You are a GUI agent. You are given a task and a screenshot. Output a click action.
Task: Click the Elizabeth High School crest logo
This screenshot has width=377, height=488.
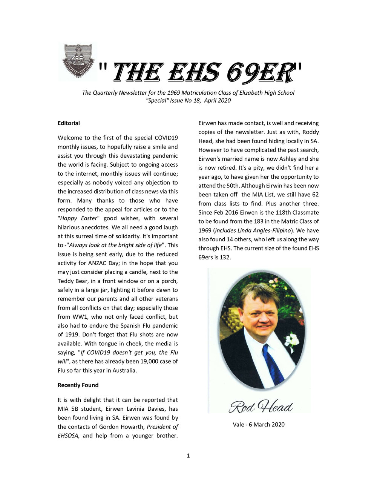tap(78, 61)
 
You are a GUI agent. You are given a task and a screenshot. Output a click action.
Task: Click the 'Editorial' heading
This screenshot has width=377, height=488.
tap(69, 123)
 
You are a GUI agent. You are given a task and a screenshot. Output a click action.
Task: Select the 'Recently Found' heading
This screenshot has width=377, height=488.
tap(78, 385)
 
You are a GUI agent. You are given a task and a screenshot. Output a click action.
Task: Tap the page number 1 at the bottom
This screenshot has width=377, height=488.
tap(188, 456)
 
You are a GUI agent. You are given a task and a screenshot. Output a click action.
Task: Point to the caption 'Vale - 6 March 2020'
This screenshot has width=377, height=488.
tap(259, 424)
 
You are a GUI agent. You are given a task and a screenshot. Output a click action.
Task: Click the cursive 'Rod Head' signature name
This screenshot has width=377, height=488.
tap(261, 407)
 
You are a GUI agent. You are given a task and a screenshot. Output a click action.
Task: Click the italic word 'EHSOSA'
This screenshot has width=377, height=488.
tap(68, 436)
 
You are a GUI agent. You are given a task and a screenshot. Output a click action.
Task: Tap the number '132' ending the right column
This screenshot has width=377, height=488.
tap(225, 257)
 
